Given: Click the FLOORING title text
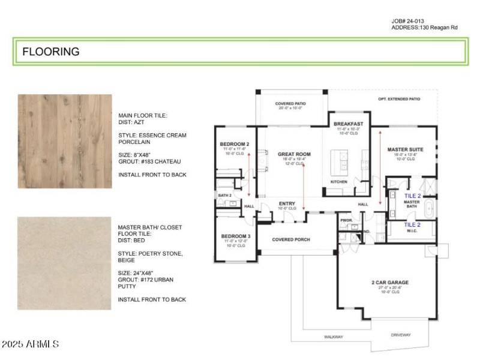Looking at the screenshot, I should coord(51,52).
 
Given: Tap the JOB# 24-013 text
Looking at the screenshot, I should coord(412,21).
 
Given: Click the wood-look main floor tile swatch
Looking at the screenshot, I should coord(65,141).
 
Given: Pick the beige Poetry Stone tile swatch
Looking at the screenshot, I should coord(65,263).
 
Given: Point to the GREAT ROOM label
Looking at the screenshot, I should coord(294,154).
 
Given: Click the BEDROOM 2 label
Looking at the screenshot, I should coord(235,145).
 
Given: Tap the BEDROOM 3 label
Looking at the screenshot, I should coord(235,236).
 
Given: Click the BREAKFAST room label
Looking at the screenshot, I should coord(349,124).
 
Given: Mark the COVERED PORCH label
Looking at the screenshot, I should coord(290,239).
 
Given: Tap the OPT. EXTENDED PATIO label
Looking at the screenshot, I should coord(399,99).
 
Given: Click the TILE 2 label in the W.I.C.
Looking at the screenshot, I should coord(412,225).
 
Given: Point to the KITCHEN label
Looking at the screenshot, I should coord(339,181).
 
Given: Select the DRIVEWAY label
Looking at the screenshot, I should coord(400,334).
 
